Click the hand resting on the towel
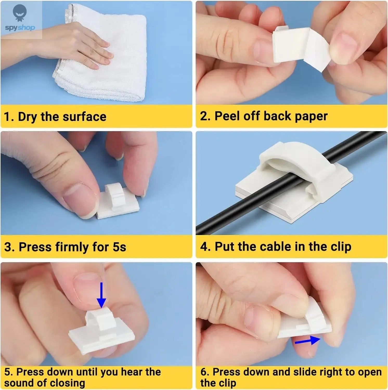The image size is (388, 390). point(78,47)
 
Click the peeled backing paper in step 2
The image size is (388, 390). point(319,52)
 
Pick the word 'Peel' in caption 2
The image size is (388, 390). point(227,116)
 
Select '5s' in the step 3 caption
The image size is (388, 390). point(119,247)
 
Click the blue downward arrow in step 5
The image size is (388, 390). point(101,295)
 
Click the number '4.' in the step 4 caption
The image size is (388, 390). point(205,246)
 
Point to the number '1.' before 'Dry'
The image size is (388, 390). point(9,117)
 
